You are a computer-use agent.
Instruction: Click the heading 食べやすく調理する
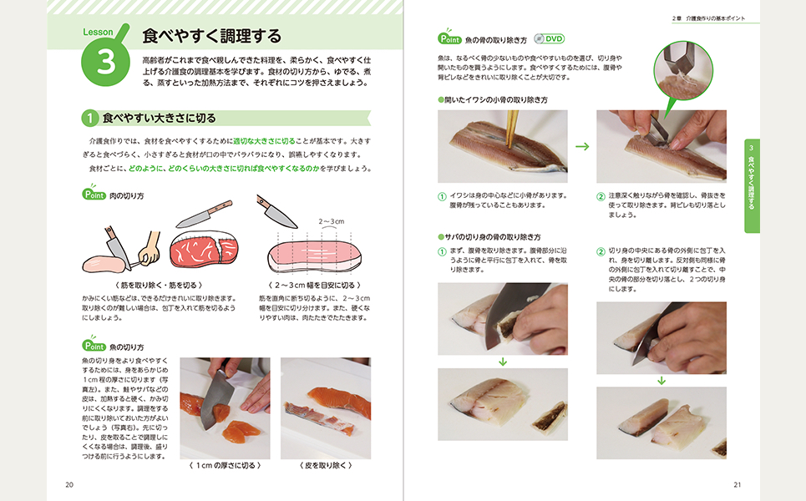(x=211, y=36)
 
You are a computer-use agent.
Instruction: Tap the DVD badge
(x=550, y=38)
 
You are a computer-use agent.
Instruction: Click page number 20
(x=69, y=484)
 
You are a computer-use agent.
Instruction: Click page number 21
(x=737, y=484)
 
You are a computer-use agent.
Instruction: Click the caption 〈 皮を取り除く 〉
(x=325, y=465)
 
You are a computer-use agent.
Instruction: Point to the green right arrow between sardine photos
(x=582, y=146)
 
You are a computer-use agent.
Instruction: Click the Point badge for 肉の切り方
(x=94, y=195)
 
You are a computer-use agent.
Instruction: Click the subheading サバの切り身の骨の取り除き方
(x=494, y=237)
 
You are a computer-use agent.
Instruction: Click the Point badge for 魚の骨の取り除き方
(x=455, y=38)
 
